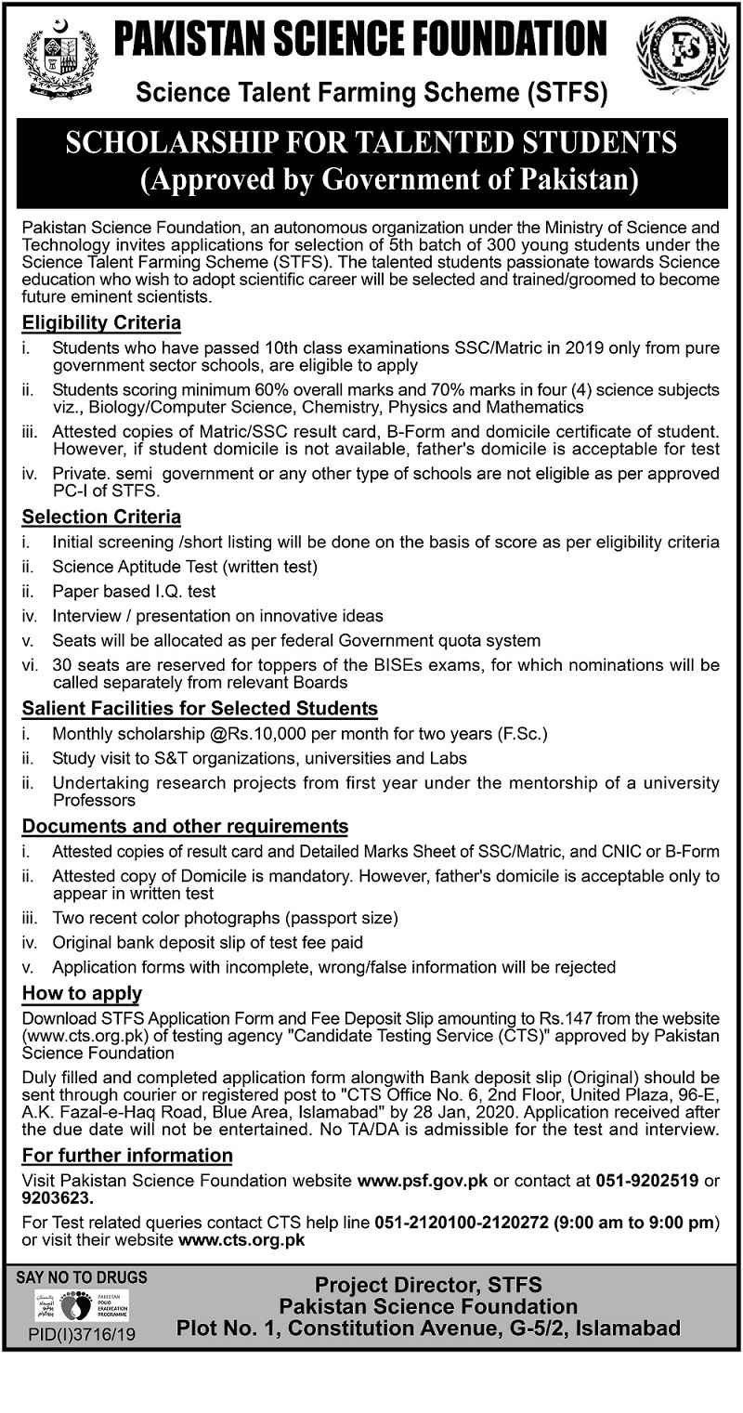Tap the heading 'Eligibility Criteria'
click(101, 323)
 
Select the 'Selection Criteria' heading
click(101, 517)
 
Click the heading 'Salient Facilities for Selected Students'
click(200, 708)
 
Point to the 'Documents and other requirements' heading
click(186, 826)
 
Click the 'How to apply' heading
click(83, 993)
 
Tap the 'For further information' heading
click(127, 1156)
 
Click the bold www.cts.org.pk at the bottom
click(241, 1239)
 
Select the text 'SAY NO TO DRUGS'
click(82, 1277)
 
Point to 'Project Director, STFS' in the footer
click(428, 1287)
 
